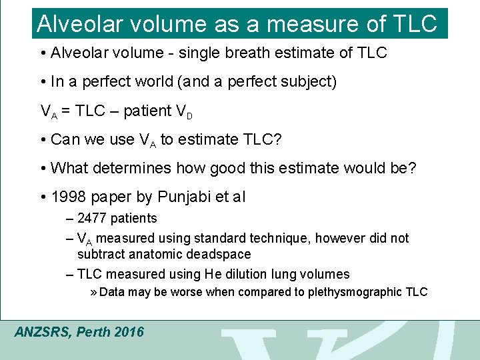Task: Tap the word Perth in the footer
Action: coord(95,332)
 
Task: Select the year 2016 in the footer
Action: coord(129,332)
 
